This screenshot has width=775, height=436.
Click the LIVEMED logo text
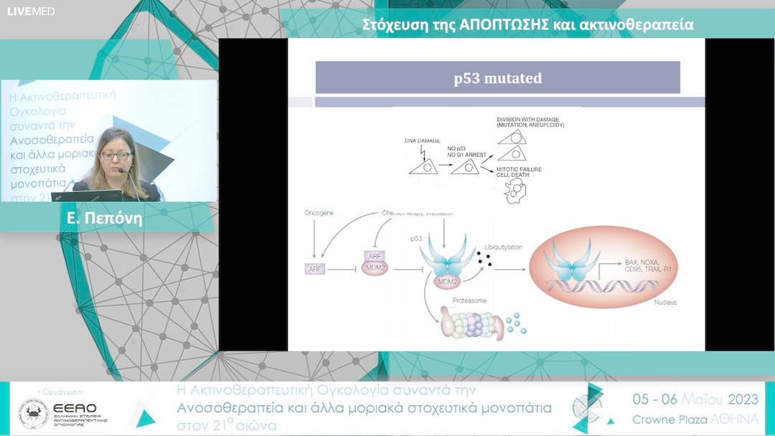pyautogui.click(x=31, y=11)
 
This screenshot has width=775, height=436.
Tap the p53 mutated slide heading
pyautogui.click(x=497, y=78)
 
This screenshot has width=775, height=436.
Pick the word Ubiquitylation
pyautogui.click(x=503, y=246)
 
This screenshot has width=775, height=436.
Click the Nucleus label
pyautogui.click(x=665, y=303)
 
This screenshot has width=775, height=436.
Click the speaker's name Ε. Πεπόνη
pyautogui.click(x=104, y=219)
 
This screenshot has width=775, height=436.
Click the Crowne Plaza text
pyautogui.click(x=670, y=419)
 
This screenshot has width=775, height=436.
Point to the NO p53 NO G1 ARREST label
pyautogui.click(x=473, y=151)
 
